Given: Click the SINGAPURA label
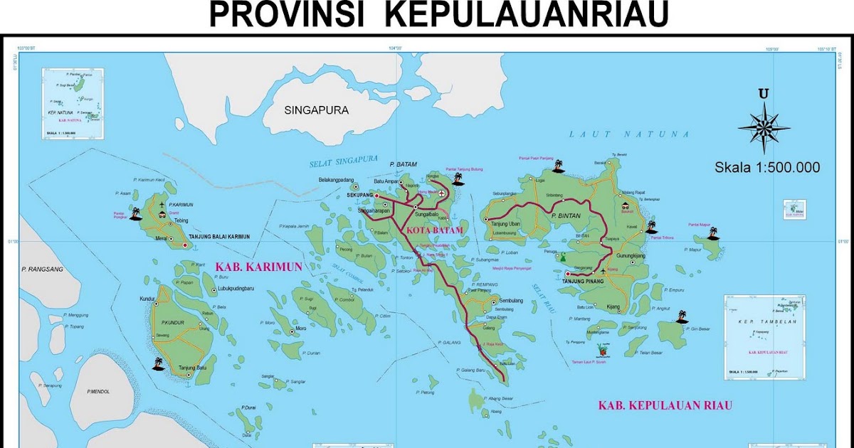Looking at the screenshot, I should click(x=316, y=110).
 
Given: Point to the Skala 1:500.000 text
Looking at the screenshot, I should click(x=767, y=168).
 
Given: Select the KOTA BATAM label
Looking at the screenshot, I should click(x=434, y=231).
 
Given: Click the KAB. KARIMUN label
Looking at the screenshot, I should click(x=258, y=267).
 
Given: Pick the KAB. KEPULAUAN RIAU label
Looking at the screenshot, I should click(x=664, y=406).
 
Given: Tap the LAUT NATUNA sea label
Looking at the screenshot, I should click(x=629, y=134).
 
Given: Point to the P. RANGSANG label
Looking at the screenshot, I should click(x=43, y=270).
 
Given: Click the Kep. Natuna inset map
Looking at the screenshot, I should click(x=73, y=104).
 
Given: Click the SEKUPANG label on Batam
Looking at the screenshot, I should click(x=359, y=193).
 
